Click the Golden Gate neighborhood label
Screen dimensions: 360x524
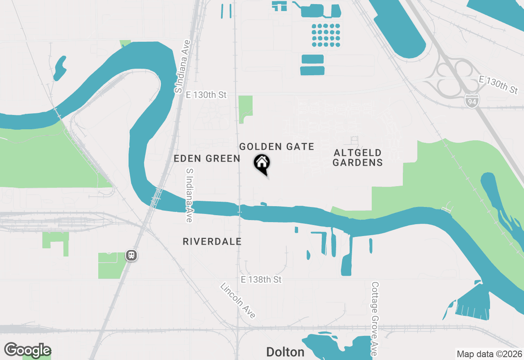(x=277, y=146)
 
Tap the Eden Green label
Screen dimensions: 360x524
(x=207, y=159)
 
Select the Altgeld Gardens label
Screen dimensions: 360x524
(x=357, y=157)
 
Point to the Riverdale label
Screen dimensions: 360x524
(x=212, y=242)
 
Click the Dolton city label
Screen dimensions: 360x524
(x=285, y=352)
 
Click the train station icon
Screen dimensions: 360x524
(x=131, y=256)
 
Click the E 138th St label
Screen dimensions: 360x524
(x=261, y=280)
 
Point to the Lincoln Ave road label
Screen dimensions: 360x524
(x=238, y=300)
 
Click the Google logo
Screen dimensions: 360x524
(x=27, y=350)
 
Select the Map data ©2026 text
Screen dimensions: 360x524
(x=489, y=354)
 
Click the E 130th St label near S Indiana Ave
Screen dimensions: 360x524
(x=206, y=95)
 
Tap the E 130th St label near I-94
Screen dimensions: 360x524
(x=498, y=85)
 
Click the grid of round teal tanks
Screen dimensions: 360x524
(x=326, y=35)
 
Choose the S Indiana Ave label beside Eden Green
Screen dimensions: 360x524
(x=189, y=195)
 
